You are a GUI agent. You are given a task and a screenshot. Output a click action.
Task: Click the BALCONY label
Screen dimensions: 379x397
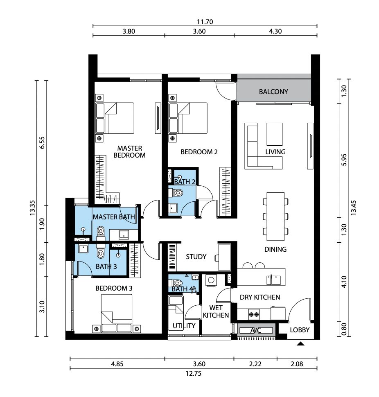click(x=273, y=92)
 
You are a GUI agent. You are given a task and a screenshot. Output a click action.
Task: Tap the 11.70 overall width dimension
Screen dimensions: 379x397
click(x=205, y=22)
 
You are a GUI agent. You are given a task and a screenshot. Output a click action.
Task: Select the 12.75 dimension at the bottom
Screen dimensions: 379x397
click(x=194, y=373)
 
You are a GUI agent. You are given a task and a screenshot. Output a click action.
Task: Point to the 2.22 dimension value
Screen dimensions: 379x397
click(x=255, y=364)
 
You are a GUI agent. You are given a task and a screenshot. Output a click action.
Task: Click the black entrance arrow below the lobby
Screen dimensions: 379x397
click(x=300, y=343)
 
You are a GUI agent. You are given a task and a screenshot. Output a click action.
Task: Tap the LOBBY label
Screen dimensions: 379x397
click(x=300, y=330)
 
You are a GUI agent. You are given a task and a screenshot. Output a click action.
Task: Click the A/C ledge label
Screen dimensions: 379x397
click(x=256, y=330)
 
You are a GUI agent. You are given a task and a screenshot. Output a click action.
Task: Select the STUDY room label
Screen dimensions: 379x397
click(x=196, y=257)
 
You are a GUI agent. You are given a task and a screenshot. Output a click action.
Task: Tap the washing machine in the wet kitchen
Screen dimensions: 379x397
click(x=211, y=280)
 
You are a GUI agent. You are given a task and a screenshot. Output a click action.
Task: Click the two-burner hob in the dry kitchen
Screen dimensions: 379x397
click(x=254, y=314)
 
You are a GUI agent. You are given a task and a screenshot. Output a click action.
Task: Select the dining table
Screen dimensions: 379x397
click(x=275, y=217)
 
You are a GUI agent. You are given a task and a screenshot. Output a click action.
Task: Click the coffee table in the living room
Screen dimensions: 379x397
click(x=275, y=134)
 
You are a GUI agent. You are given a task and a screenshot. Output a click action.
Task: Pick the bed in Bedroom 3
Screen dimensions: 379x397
click(x=117, y=314)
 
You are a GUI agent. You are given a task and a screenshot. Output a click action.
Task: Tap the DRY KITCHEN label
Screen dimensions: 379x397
click(x=260, y=297)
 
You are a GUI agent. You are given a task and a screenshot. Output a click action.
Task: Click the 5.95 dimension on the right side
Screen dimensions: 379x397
click(x=344, y=160)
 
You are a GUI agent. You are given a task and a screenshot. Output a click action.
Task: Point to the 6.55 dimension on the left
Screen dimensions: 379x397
click(x=42, y=142)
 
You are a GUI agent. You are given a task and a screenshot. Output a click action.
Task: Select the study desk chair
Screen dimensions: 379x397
click(x=217, y=258)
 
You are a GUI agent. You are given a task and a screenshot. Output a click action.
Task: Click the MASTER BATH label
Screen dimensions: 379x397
click(x=114, y=217)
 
